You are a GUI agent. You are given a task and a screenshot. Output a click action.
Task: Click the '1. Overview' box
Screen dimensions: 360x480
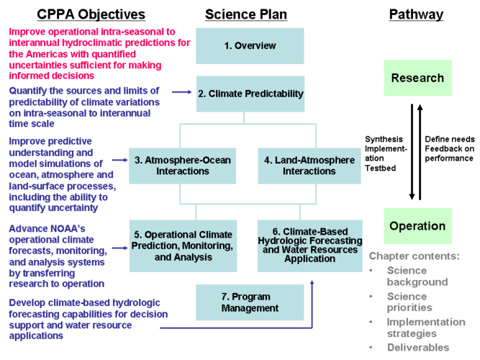click(249, 46)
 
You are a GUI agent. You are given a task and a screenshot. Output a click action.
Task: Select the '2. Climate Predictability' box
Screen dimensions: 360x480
click(250, 94)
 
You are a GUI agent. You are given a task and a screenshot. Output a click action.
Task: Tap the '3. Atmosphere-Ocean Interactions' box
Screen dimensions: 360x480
click(182, 166)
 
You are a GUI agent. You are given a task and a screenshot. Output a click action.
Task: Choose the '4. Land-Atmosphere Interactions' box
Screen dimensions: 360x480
click(309, 166)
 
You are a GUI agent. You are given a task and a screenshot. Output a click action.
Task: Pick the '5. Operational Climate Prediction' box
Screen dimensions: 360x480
click(182, 246)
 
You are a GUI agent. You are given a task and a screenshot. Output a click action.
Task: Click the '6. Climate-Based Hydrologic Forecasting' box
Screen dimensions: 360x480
click(309, 245)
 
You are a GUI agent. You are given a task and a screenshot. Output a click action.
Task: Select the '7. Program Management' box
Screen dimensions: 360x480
click(249, 302)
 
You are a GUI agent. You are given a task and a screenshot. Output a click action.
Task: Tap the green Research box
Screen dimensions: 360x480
click(417, 78)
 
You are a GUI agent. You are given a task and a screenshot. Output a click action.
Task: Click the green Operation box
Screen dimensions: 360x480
click(417, 225)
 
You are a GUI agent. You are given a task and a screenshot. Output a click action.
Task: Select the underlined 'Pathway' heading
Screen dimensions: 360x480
click(416, 14)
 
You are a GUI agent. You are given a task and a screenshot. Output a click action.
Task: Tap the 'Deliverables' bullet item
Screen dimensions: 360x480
click(417, 348)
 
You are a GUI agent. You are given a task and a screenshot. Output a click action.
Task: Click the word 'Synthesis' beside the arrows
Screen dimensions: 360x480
click(384, 139)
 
